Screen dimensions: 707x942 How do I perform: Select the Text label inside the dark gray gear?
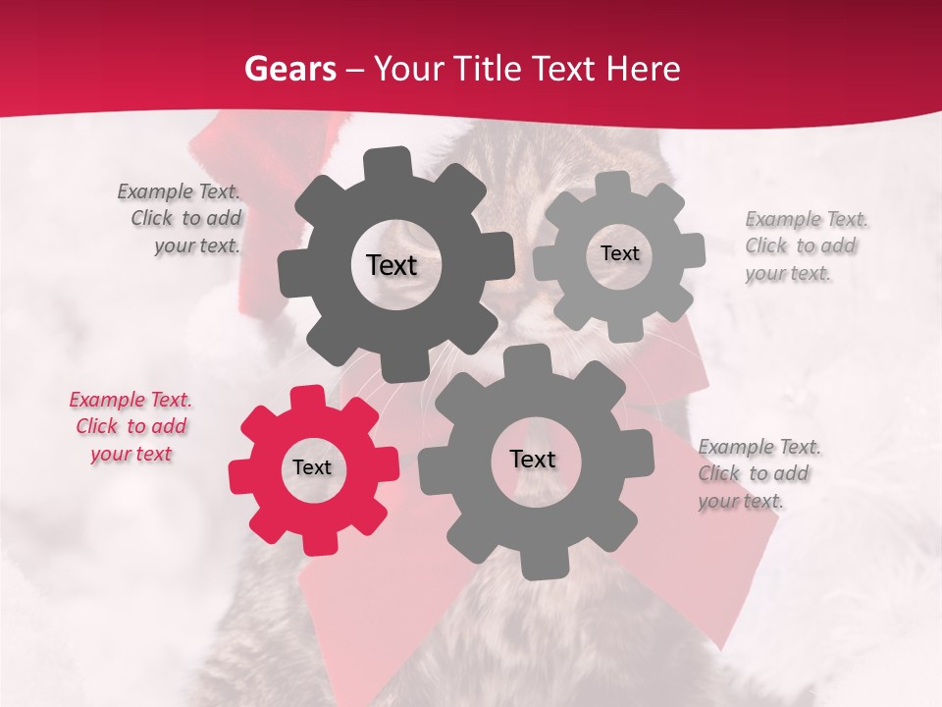click(392, 265)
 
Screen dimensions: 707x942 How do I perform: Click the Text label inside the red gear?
click(312, 468)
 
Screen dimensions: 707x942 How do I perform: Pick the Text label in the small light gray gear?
click(619, 253)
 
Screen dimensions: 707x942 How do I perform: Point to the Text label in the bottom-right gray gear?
click(533, 460)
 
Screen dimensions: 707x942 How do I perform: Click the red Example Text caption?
click(131, 427)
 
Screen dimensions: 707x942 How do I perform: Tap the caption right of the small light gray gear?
click(807, 245)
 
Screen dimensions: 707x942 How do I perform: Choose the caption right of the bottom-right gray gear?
click(759, 473)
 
